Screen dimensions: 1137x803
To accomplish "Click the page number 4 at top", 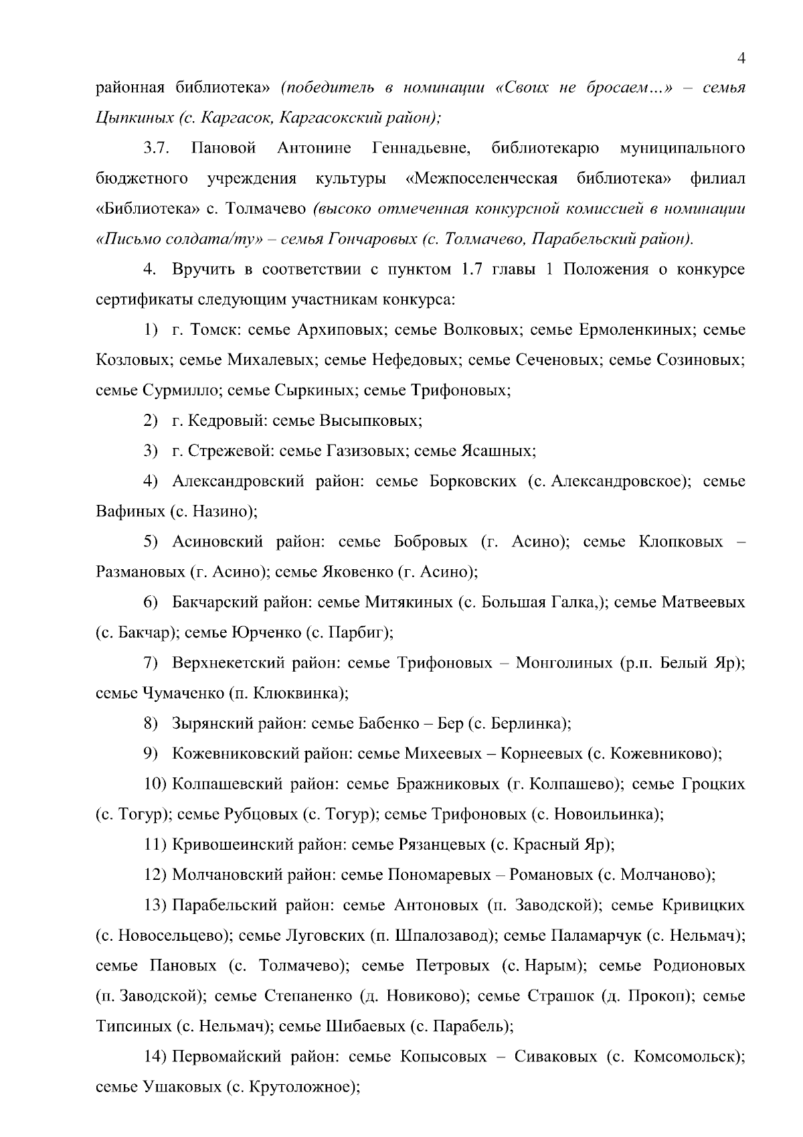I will click(x=741, y=58).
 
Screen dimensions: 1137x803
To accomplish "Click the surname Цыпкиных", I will click(x=132, y=118).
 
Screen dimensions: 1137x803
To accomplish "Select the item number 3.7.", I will click(x=156, y=148).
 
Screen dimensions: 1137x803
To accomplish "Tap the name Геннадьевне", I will click(x=421, y=148).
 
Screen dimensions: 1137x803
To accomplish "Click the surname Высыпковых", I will click(x=371, y=421).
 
